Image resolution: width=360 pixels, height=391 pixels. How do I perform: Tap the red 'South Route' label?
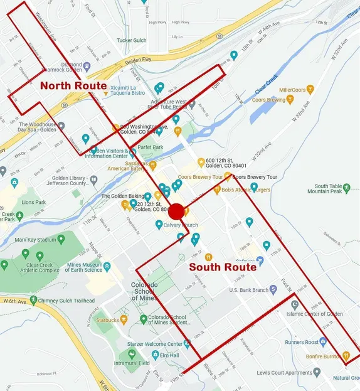[223, 267]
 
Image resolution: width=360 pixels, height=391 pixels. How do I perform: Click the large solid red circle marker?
[176, 212]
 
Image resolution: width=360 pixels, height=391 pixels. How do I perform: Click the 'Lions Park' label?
[34, 203]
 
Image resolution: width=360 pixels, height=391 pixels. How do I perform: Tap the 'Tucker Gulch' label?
[131, 41]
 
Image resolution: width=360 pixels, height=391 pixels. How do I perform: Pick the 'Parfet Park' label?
[151, 148]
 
